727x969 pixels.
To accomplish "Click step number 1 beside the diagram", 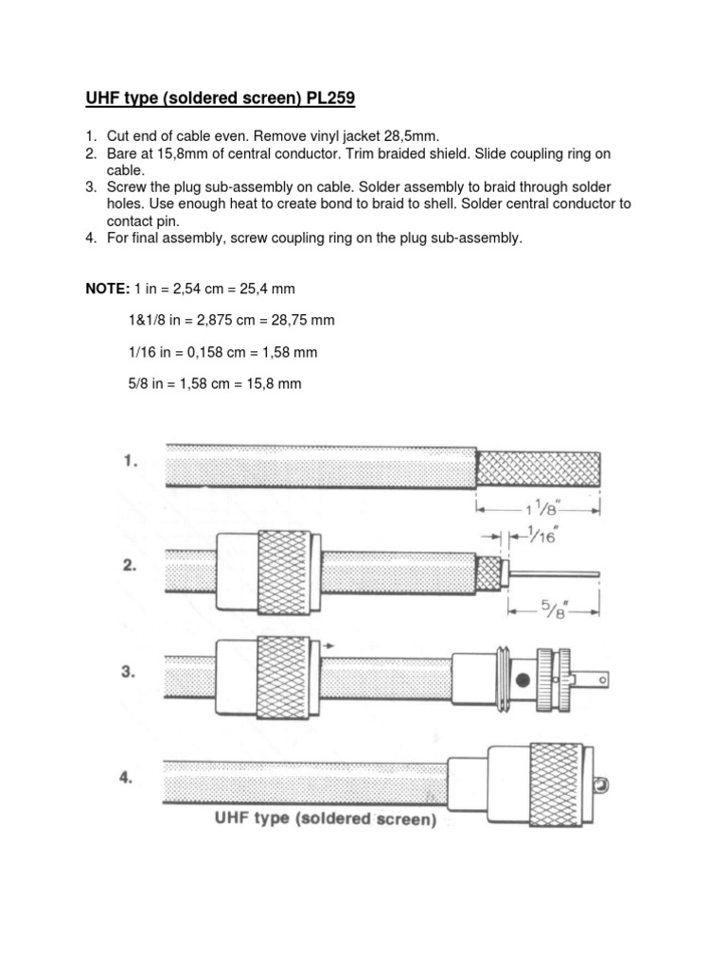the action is click(x=132, y=463).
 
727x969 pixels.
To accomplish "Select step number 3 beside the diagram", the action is click(x=132, y=673).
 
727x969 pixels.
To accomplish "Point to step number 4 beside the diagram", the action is click(x=132, y=779).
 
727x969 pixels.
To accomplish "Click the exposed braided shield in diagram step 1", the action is click(x=537, y=467).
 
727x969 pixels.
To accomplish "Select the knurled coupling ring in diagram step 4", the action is click(x=556, y=778).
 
